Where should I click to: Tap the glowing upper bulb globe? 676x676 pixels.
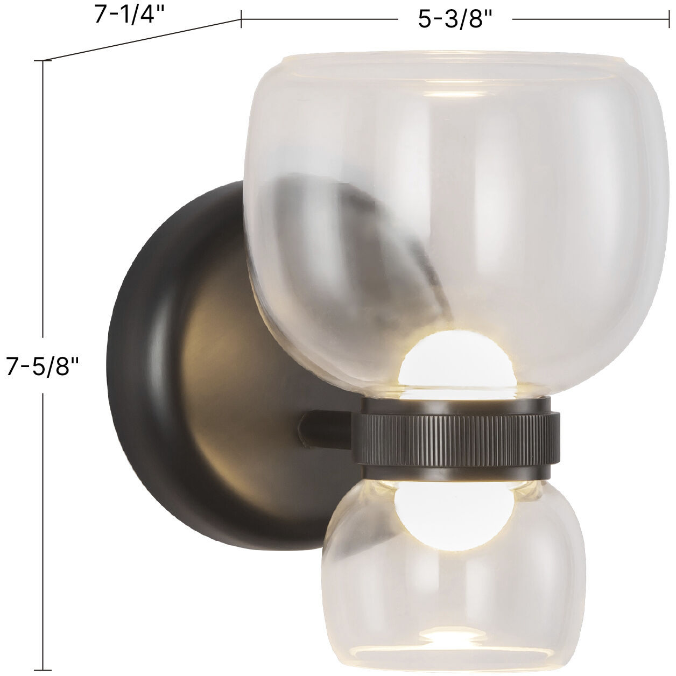coord(429,362)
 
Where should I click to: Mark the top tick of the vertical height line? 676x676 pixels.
coord(43,61)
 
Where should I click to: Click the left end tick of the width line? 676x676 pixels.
coord(241,19)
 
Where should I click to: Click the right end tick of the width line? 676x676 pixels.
coord(667,19)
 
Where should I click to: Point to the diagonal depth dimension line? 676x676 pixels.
coord(140,40)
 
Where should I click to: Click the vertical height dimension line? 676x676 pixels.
coord(43,215)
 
